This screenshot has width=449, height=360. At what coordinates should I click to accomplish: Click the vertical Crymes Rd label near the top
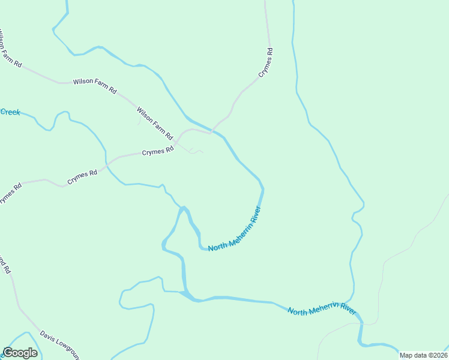click(x=267, y=62)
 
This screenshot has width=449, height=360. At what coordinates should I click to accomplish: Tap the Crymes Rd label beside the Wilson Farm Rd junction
click(x=157, y=152)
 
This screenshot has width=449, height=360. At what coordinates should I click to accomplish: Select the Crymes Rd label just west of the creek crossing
click(x=82, y=177)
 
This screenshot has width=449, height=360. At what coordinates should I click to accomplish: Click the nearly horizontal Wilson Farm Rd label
click(x=95, y=85)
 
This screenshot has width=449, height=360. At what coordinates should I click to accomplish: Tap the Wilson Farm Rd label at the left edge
click(x=10, y=47)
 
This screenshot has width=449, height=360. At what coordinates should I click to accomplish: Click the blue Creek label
click(x=10, y=112)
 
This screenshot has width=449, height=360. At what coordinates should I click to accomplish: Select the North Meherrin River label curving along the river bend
click(x=235, y=230)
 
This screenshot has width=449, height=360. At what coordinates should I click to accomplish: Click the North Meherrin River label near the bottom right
click(x=322, y=310)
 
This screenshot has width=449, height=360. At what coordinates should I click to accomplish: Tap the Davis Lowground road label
click(x=59, y=341)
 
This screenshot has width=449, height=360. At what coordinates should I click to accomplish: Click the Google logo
click(x=20, y=353)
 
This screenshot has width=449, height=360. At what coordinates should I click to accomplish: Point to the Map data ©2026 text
click(x=423, y=355)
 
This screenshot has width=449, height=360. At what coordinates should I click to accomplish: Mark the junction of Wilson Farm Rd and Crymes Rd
click(x=176, y=143)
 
